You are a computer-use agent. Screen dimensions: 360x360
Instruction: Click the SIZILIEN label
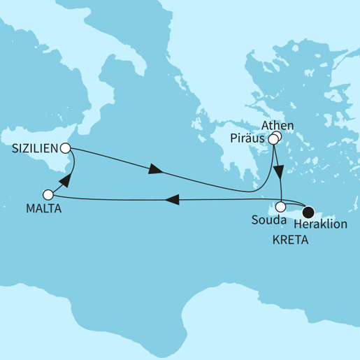tap(34, 148)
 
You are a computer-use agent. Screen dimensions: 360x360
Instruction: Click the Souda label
tap(269, 221)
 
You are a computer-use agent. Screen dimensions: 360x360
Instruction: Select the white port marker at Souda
tap(280, 208)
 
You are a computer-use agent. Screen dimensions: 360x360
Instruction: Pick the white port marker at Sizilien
tap(65, 148)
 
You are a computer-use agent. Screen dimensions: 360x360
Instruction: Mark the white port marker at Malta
tap(48, 195)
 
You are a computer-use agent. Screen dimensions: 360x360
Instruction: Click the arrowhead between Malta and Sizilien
tap(66, 181)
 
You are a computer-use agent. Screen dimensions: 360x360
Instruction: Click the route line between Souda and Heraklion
tap(294, 208)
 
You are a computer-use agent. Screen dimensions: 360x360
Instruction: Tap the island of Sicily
tap(52, 164)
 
